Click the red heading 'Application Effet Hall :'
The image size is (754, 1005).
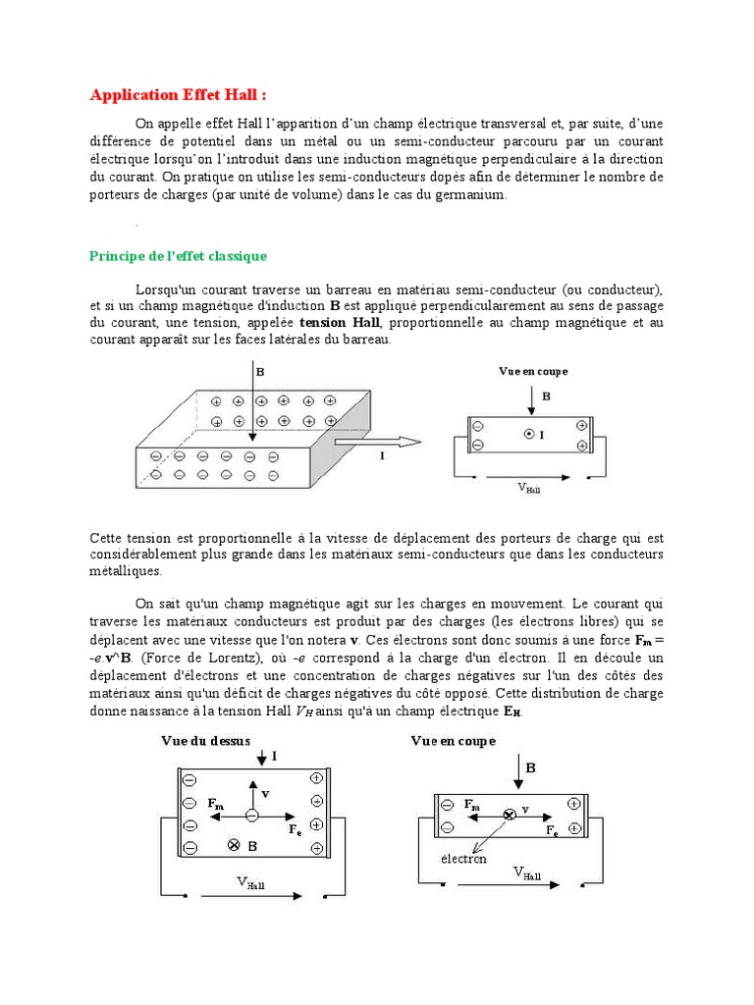tap(178, 95)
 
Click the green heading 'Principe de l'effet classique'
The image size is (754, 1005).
tap(178, 256)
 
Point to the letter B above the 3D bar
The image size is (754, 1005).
tap(260, 372)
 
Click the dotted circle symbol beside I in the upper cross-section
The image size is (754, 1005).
tap(528, 434)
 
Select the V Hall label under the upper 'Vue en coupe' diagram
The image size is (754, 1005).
tap(529, 486)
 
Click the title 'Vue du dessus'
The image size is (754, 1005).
tap(206, 741)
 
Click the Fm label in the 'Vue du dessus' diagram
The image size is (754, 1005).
tap(215, 802)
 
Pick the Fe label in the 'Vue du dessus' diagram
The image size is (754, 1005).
tap(295, 829)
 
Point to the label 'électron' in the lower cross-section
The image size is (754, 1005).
tap(463, 859)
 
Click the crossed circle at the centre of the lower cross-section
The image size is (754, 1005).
tap(509, 815)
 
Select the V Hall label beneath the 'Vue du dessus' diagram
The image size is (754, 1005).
tap(250, 883)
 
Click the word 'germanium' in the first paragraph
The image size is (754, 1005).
tap(473, 194)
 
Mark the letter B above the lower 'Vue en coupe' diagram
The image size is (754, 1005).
tap(530, 768)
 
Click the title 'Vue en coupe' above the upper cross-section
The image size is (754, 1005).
tap(533, 371)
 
